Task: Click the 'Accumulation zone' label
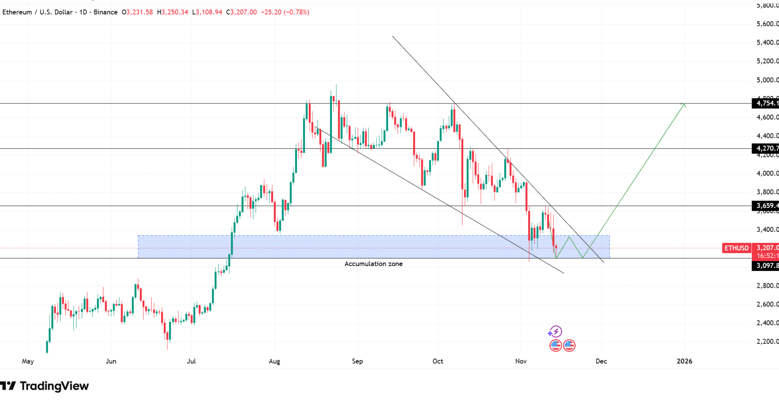click(373, 264)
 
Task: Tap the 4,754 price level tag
click(765, 103)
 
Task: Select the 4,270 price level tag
click(765, 148)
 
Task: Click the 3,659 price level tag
click(765, 206)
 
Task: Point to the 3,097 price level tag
click(765, 266)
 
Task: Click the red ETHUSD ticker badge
click(736, 248)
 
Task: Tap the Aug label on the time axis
click(274, 361)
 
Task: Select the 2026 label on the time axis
click(684, 361)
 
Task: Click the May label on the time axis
click(28, 361)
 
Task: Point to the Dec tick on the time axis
click(601, 361)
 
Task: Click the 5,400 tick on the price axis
click(767, 42)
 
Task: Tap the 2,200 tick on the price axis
click(767, 342)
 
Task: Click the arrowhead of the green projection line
click(684, 104)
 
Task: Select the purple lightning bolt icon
click(555, 332)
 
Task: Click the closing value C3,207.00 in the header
click(241, 12)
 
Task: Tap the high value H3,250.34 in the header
click(172, 12)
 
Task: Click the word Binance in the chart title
click(105, 12)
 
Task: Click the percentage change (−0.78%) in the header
click(297, 12)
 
